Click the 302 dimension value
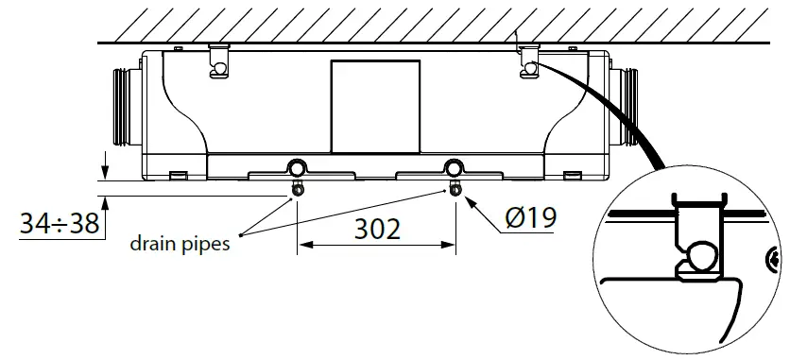379,229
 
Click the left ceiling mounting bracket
218,62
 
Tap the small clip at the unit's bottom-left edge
177,174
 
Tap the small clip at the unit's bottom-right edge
571,174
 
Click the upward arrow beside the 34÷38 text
106,203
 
